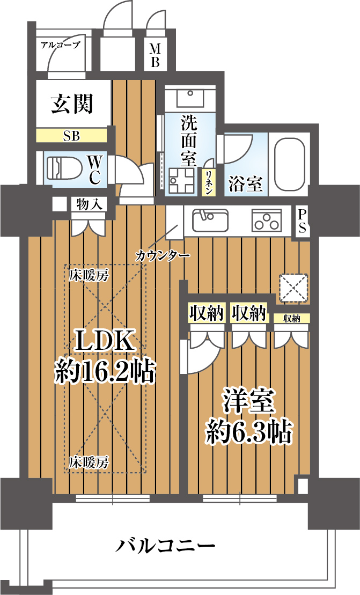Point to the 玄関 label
pyautogui.click(x=72, y=104)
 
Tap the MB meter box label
pyautogui.click(x=155, y=56)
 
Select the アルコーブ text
pyautogui.click(x=60, y=45)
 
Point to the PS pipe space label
pyautogui.click(x=303, y=221)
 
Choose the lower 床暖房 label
pyautogui.click(x=89, y=461)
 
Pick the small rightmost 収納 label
pyautogui.click(x=292, y=319)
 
